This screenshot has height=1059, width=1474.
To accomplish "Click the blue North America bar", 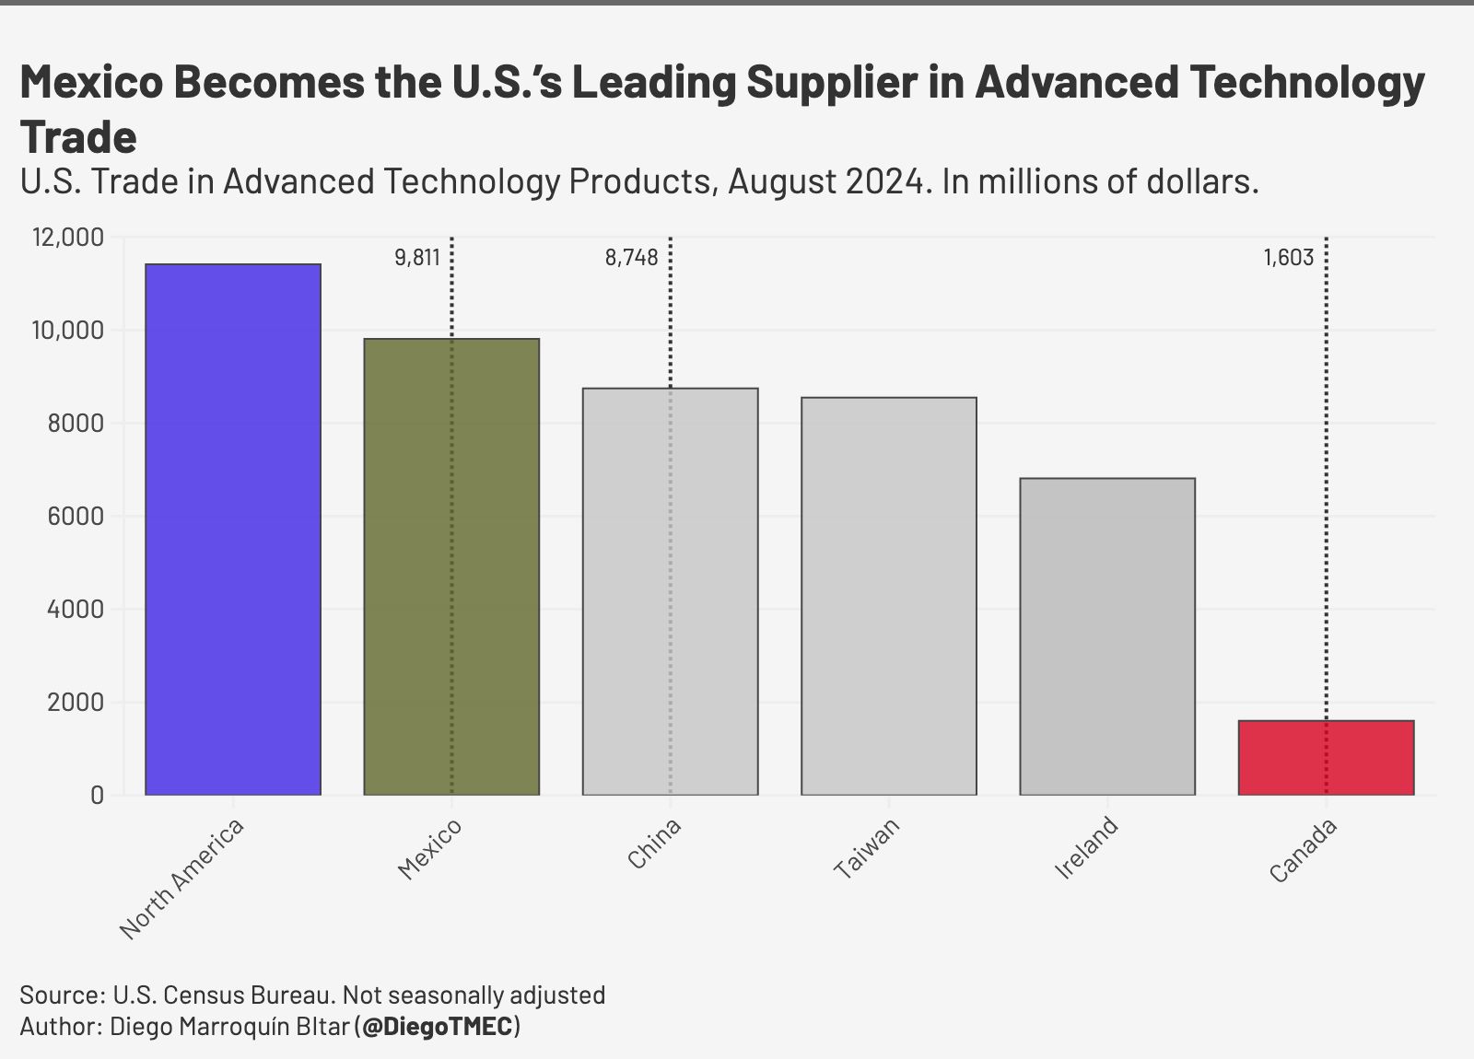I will click(233, 529).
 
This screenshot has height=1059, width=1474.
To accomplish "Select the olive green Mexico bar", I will click(451, 566).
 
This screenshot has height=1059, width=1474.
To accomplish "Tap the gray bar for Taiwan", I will click(888, 596).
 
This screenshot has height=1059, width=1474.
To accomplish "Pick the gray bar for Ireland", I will click(1106, 636).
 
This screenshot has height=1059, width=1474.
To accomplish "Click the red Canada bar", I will click(1326, 758).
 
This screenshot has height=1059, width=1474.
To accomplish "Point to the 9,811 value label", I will click(417, 258).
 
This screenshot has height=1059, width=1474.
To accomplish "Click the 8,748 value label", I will click(631, 258).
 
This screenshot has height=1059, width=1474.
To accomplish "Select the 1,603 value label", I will click(1288, 258).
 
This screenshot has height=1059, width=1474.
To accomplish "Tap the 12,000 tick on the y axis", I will click(68, 238).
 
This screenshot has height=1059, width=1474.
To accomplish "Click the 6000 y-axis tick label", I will click(76, 517).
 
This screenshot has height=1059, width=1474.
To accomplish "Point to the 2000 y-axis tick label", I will click(76, 703).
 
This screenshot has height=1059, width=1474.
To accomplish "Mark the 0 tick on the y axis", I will click(97, 796).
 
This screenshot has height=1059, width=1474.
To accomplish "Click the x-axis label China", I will click(654, 844).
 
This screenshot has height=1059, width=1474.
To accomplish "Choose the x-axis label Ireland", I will click(1086, 847).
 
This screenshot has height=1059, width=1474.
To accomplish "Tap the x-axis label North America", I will click(182, 879).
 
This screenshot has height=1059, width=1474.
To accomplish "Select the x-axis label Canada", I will click(1303, 851).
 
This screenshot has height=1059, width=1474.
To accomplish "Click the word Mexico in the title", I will click(91, 82).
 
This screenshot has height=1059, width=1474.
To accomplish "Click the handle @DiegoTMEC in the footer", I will click(437, 1026).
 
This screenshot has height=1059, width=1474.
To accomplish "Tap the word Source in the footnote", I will click(60, 995).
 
